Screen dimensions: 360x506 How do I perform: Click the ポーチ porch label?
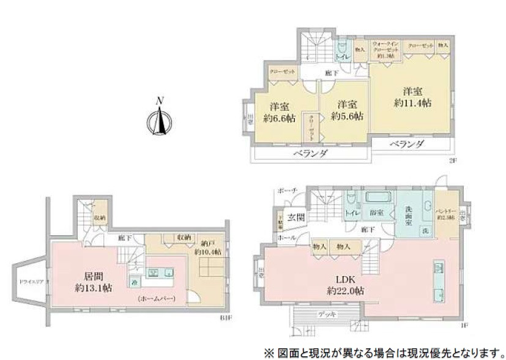click(x=286, y=190)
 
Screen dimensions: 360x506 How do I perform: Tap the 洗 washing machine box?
click(x=424, y=231)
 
